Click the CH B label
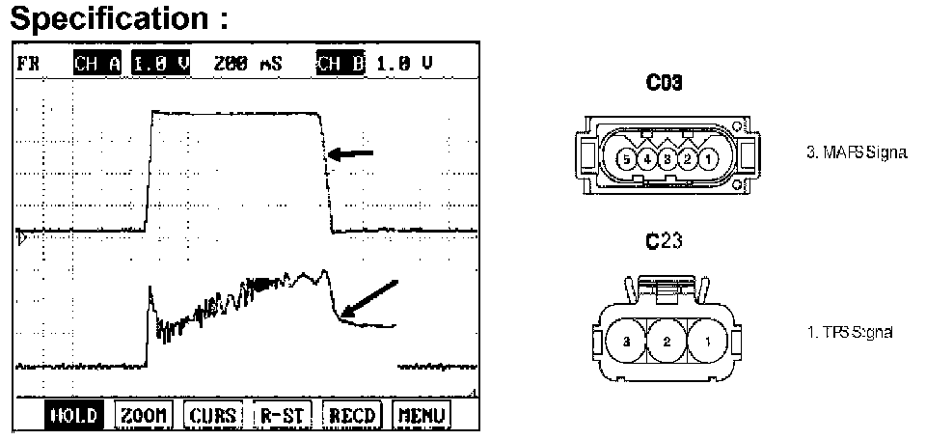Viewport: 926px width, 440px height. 340,64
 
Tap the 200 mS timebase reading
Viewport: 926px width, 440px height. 249,64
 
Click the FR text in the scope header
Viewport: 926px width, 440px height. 27,64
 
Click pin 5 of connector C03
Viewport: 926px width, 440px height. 626,156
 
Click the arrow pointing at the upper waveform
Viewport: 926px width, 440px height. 349,152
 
